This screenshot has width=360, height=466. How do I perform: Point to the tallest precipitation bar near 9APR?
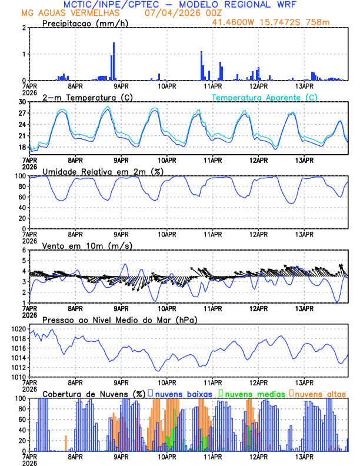tap(114, 61)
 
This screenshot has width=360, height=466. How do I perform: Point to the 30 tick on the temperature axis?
tap(23, 102)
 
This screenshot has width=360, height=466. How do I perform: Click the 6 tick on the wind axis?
tap(25, 251)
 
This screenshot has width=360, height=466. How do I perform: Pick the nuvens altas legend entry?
tap(319, 394)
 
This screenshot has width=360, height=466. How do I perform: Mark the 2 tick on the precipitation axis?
tap(25, 28)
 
